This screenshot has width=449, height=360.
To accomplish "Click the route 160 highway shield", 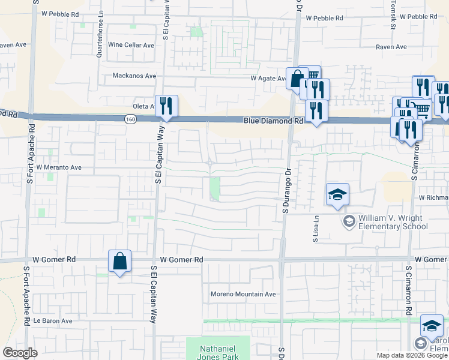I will click(130, 120).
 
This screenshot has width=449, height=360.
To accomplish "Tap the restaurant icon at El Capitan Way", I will click(166, 106).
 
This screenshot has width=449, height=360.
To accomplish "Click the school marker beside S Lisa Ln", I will click(337, 194).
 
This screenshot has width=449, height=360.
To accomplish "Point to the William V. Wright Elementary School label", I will click(393, 222).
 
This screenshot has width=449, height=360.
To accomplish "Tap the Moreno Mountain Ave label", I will click(243, 294).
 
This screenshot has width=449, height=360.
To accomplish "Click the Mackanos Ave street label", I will click(134, 76).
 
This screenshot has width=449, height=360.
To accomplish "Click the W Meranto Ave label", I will click(58, 167).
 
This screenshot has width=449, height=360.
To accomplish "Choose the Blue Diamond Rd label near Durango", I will click(273, 121).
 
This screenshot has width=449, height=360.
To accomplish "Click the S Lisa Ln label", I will click(315, 229).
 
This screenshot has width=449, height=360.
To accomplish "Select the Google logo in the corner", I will click(20, 353).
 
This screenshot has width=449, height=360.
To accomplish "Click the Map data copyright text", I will click(412, 355).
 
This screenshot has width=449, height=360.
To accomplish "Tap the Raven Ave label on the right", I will click(391, 47).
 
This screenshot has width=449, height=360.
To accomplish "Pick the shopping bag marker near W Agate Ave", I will click(297, 77).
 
